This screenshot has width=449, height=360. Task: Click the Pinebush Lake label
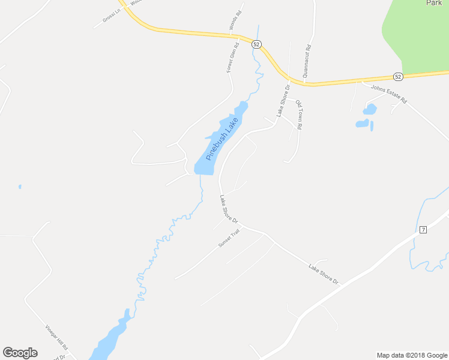[221, 139]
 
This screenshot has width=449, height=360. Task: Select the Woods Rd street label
[235, 20]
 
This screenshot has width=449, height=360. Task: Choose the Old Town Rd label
[298, 115]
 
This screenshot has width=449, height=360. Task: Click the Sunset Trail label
[229, 239]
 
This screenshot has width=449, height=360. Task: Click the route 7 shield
[423, 230]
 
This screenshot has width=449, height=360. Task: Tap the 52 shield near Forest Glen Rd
[256, 44]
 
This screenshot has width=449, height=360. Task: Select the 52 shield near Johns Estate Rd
[397, 76]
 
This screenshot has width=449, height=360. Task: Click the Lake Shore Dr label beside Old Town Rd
[283, 100]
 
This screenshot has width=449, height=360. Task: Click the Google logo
[20, 353]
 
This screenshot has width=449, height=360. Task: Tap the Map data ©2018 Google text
[412, 355]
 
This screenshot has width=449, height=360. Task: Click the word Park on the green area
[433, 3]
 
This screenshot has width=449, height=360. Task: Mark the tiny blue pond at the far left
[20, 187]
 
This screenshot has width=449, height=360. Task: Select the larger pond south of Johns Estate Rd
[370, 109]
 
